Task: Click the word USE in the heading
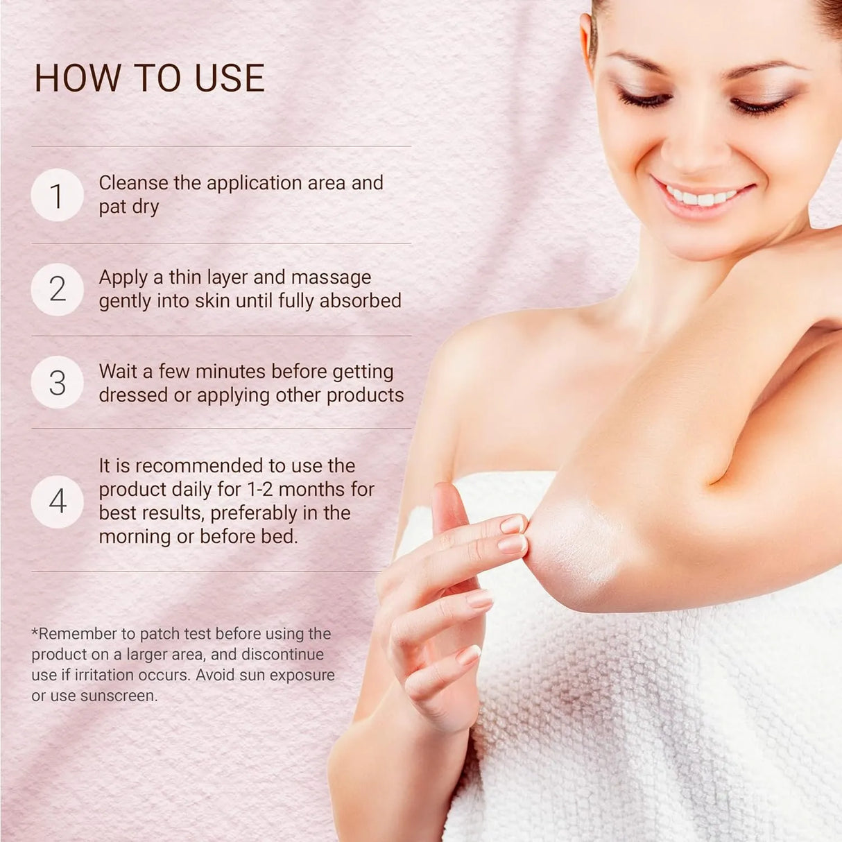pos(230,78)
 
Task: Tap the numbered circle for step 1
pos(58,195)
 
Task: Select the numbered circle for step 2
pos(58,289)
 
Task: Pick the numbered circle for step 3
pos(58,382)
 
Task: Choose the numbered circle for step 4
pos(58,501)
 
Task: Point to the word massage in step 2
pos(331,277)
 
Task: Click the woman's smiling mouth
pos(702,197)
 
